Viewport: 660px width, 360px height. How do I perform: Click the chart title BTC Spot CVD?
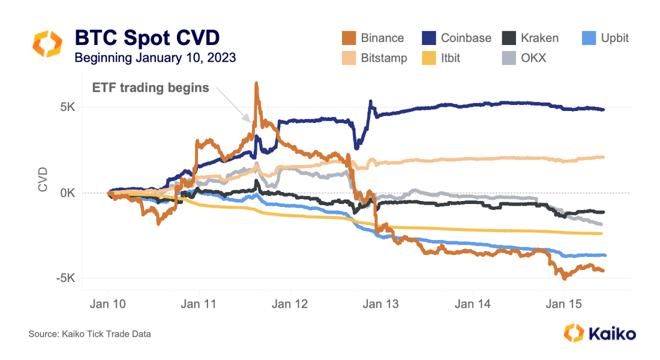pyautogui.click(x=147, y=38)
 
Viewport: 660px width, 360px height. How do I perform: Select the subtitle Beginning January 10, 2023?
pyautogui.click(x=155, y=58)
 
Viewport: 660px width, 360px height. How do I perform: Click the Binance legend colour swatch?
pyautogui.click(x=348, y=38)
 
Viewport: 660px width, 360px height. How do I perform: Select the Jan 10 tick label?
pyautogui.click(x=108, y=304)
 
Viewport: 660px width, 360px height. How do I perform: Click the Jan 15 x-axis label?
pyautogui.click(x=563, y=304)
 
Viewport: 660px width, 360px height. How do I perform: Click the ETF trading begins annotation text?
pyautogui.click(x=151, y=88)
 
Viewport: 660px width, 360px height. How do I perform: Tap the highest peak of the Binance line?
pyautogui.click(x=256, y=83)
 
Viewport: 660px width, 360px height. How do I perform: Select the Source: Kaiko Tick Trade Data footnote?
pyautogui.click(x=89, y=334)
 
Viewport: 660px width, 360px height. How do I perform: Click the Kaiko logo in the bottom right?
pyautogui.click(x=600, y=333)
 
